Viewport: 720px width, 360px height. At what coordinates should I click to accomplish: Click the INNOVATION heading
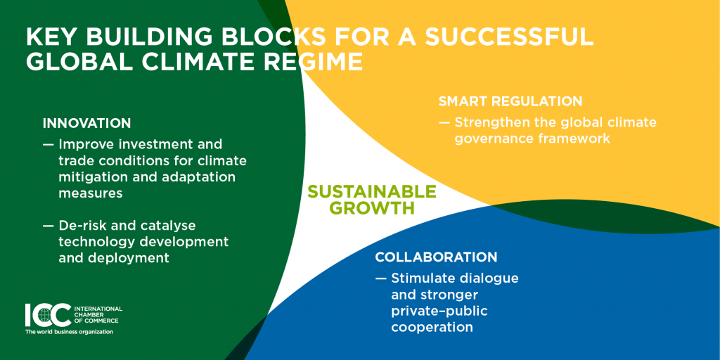pos(86,123)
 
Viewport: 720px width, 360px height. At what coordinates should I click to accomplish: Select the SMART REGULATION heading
pos(510,101)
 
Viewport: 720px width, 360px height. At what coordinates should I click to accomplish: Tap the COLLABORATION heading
pos(436,257)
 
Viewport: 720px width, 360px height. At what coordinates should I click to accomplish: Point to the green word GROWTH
pos(373,207)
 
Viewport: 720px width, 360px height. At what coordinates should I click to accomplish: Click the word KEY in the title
pos(50,38)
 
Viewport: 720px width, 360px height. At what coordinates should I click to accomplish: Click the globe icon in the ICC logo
pos(44,316)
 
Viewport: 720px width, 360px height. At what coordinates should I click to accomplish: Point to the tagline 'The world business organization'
pos(69,332)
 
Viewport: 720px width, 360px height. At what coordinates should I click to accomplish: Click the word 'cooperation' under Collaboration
pos(432,328)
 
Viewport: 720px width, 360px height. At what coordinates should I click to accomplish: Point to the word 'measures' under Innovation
pos(91,194)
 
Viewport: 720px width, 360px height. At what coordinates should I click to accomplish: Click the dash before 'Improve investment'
pos(49,145)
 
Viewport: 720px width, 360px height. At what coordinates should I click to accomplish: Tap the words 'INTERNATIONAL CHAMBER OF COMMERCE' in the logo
pos(98,314)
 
